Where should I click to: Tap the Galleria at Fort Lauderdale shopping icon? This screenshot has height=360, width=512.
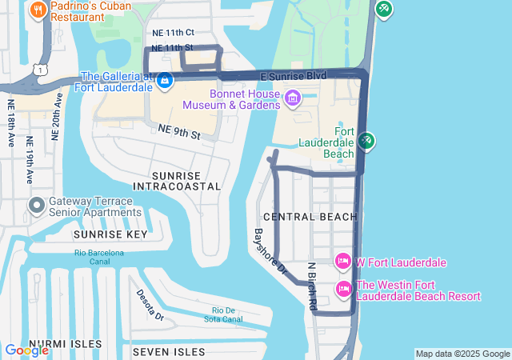click(x=165, y=79)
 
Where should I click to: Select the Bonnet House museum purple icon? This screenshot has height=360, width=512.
click(x=292, y=98)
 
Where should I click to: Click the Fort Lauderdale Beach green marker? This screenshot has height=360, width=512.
click(x=366, y=141)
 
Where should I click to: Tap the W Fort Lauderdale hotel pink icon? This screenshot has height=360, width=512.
click(x=343, y=262)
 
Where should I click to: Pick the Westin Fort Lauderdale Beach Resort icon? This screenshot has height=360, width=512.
click(x=345, y=289)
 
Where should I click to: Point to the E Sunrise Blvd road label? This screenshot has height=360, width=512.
click(x=294, y=75)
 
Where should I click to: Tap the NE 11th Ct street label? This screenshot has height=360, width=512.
click(x=173, y=34)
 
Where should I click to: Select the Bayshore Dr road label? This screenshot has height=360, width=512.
click(x=270, y=253)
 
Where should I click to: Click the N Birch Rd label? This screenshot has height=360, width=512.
click(x=312, y=286)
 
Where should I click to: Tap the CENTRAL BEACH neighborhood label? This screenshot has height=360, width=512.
click(x=309, y=217)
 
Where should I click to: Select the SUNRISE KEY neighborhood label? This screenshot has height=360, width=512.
click(x=110, y=234)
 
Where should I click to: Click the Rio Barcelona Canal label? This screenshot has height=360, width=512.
click(x=99, y=257)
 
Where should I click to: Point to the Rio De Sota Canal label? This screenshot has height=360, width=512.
click(x=227, y=314)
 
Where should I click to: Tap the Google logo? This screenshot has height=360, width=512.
click(x=26, y=350)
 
